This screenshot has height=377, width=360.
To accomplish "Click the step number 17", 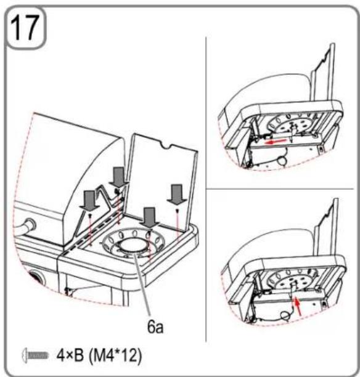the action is click(24, 27).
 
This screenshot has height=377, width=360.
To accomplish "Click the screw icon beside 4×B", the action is click(35, 355).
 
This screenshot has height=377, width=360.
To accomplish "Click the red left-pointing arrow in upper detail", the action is click(276, 142).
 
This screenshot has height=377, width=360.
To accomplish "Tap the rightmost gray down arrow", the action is click(177, 194).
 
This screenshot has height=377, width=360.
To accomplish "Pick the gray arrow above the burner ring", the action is click(149, 217).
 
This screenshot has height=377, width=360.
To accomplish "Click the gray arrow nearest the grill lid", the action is click(118, 177).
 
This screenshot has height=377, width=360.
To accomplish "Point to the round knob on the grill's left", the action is click(30, 225).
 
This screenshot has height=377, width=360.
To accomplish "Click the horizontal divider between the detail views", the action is click(280, 189).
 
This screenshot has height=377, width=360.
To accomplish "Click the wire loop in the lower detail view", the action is click(286, 315).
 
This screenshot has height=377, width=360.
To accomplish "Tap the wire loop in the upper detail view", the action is click(282, 160).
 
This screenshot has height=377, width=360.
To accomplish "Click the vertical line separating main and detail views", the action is click(207, 189).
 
